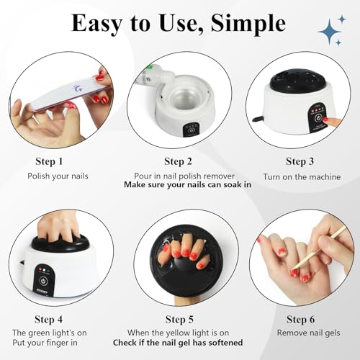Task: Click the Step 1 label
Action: point(49,161)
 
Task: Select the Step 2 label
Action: point(179,161)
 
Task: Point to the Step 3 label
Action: point(300,161)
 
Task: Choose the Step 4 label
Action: point(49,318)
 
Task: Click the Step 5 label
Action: point(179,318)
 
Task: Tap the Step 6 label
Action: point(300,318)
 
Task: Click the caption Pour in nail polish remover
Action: point(180,176)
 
